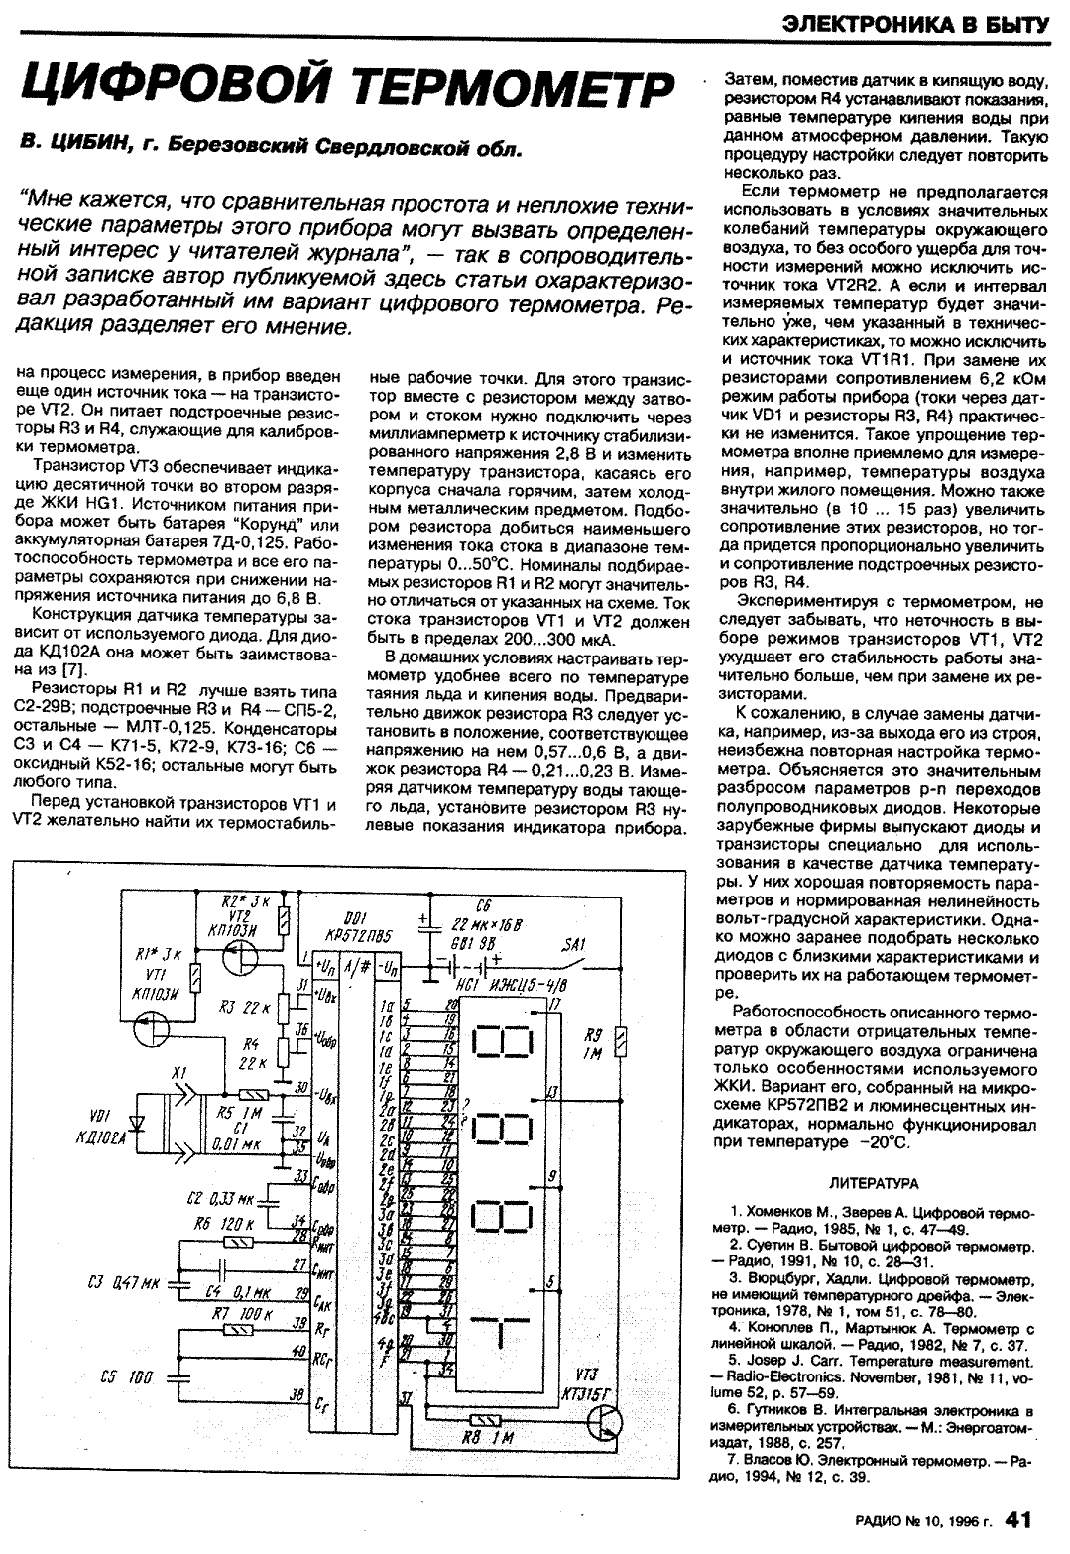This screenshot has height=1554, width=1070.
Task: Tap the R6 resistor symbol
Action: [x=237, y=1241]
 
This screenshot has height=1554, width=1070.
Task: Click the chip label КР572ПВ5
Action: [x=356, y=937]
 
